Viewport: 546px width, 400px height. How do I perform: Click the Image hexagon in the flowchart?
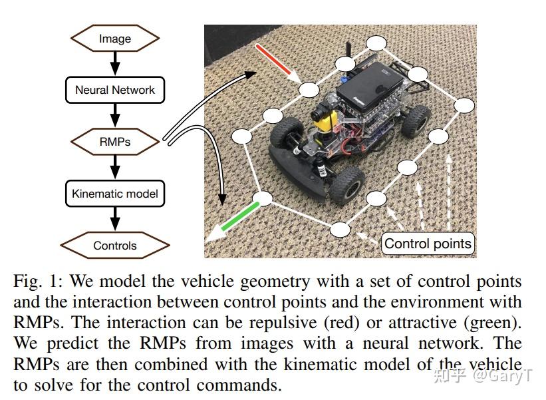point(114,39)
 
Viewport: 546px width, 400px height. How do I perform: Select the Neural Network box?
point(114,90)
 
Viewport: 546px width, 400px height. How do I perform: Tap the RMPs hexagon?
point(114,142)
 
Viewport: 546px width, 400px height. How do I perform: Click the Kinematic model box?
point(114,194)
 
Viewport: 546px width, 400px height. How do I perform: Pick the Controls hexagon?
point(114,246)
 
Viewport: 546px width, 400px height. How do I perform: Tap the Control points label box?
point(428,244)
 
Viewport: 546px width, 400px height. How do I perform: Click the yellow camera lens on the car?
point(324,122)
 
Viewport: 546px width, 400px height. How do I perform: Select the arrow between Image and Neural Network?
point(114,64)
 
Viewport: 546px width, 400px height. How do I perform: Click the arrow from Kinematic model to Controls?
point(114,220)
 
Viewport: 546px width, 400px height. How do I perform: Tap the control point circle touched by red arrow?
point(308,90)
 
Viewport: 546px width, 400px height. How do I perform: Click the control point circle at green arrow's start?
point(263,198)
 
